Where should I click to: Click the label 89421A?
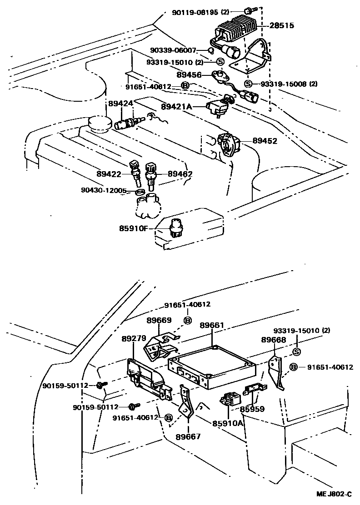pyautogui.click(x=177, y=107)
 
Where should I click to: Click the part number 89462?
pyautogui.click(x=180, y=173)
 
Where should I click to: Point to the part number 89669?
pyautogui.click(x=159, y=321)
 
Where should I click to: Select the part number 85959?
pyautogui.click(x=252, y=409)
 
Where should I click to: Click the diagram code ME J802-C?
pyautogui.click(x=335, y=494)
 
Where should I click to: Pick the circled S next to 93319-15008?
pyautogui.click(x=248, y=84)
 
